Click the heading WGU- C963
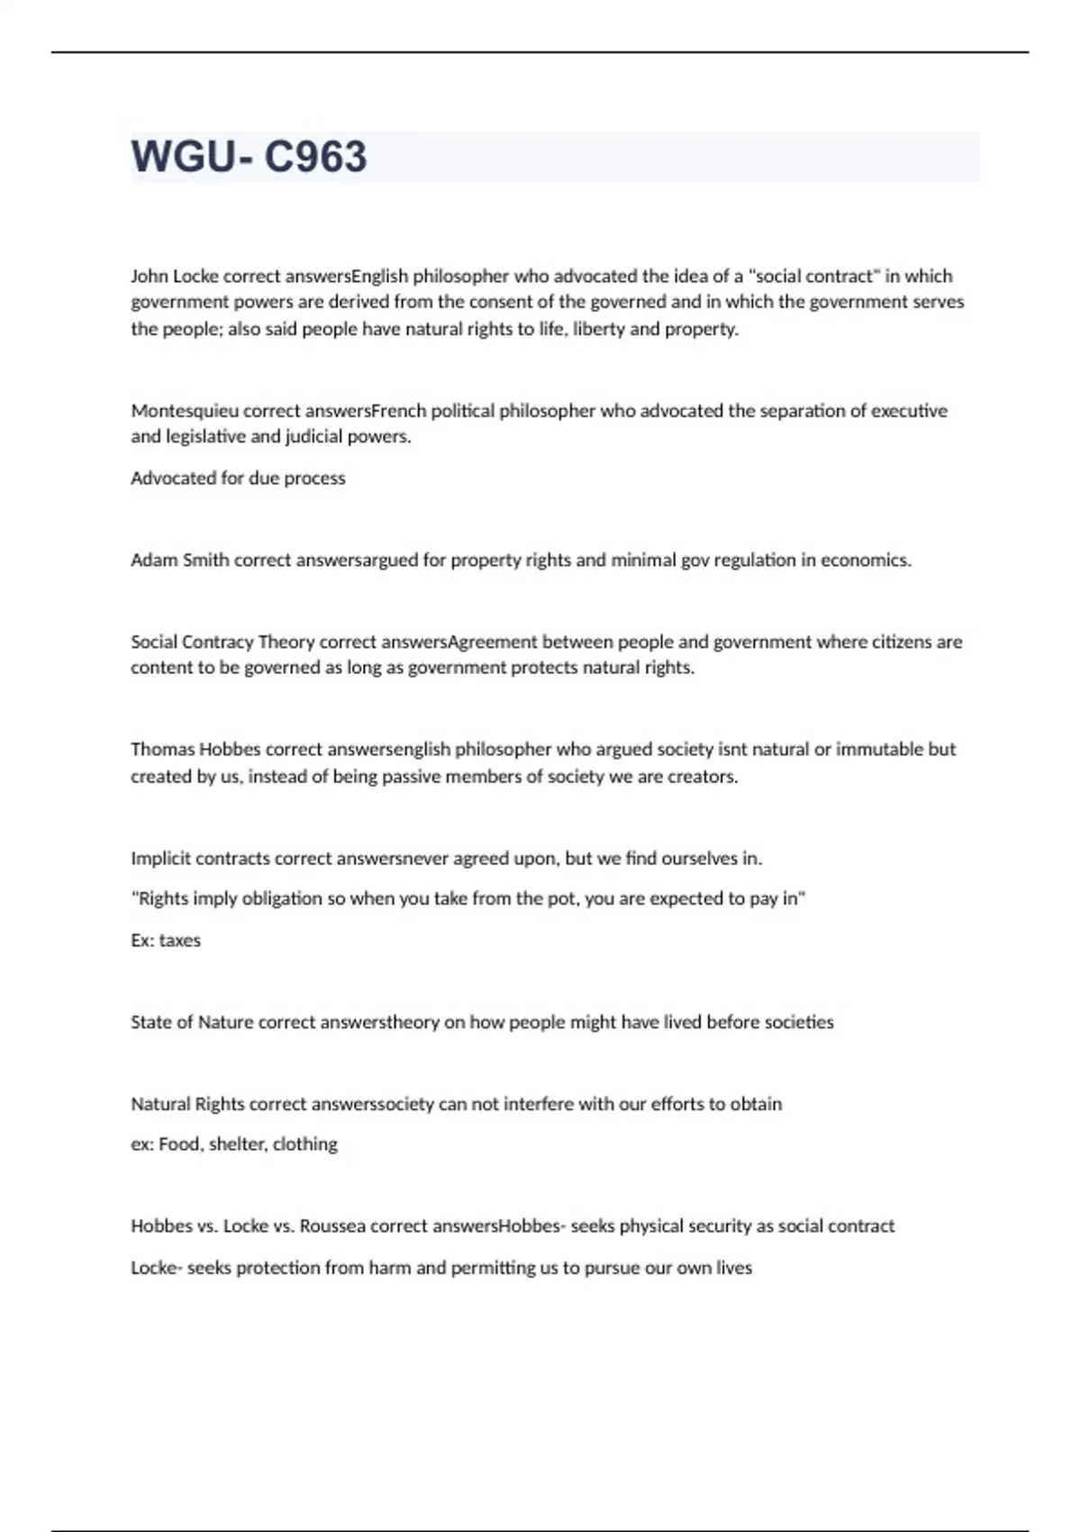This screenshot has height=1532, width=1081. tap(249, 157)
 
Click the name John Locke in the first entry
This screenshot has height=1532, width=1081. tap(175, 276)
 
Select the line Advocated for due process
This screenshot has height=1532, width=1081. tap(238, 478)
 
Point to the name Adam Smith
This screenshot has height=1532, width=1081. tap(180, 560)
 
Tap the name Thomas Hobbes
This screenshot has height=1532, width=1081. tap(195, 749)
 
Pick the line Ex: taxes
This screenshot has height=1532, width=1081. tap(166, 940)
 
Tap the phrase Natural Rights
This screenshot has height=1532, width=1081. tap(187, 1104)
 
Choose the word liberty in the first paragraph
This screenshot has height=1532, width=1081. tap(598, 329)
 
